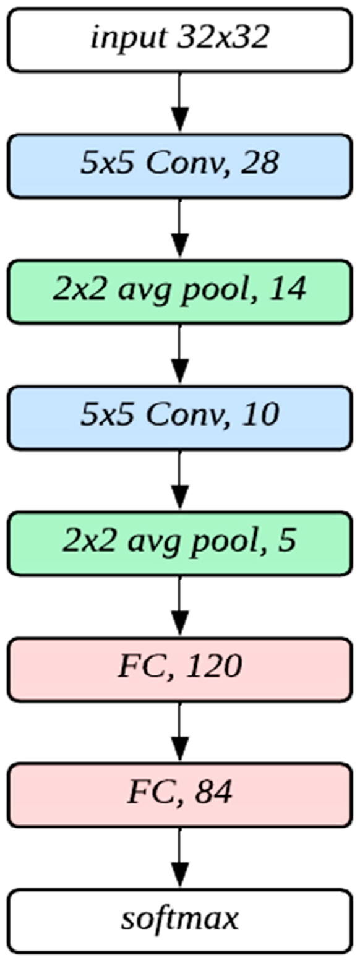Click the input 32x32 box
(179, 39)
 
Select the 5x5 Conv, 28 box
(179, 165)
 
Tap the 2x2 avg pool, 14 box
(179, 291)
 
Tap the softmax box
(179, 920)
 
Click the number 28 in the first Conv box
(261, 165)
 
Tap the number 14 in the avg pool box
(288, 289)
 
